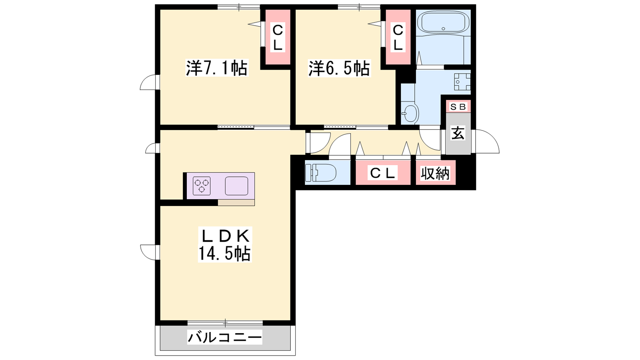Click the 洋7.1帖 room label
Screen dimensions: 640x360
click(x=217, y=68)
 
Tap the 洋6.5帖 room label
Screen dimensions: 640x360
click(x=339, y=68)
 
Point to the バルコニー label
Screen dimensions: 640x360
click(x=224, y=338)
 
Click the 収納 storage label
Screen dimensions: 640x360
click(x=435, y=173)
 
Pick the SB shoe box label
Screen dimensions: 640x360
click(x=458, y=107)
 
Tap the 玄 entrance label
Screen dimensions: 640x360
click(x=458, y=133)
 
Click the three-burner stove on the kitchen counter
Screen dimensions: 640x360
click(x=202, y=186)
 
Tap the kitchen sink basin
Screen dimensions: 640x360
click(x=236, y=186)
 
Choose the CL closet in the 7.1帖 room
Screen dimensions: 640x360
click(x=278, y=37)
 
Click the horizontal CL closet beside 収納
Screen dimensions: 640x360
click(x=383, y=172)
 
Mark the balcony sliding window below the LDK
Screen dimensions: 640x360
click(x=225, y=323)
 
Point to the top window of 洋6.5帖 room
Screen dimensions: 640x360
click(x=359, y=7)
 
